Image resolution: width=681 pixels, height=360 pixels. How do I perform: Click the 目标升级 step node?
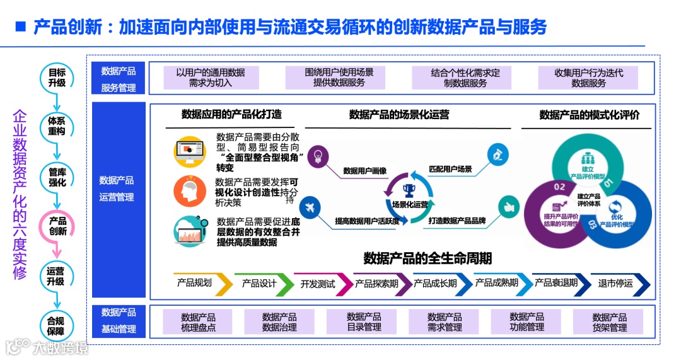57,77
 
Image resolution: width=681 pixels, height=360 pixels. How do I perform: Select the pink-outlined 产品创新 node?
57,226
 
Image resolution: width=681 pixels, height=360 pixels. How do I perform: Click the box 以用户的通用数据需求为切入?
211,78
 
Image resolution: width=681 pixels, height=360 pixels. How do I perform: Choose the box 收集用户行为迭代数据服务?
588,78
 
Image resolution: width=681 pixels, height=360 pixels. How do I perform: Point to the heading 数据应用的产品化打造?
231,114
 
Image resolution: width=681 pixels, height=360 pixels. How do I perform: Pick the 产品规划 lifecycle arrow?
199,284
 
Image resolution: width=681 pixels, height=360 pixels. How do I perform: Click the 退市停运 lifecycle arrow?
618,284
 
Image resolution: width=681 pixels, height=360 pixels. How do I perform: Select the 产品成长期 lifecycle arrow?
439,284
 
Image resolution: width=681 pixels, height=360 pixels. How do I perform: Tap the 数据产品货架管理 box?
609,322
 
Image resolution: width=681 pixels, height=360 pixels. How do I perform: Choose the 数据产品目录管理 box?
364,322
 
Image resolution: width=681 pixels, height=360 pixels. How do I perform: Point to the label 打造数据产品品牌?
457,221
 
